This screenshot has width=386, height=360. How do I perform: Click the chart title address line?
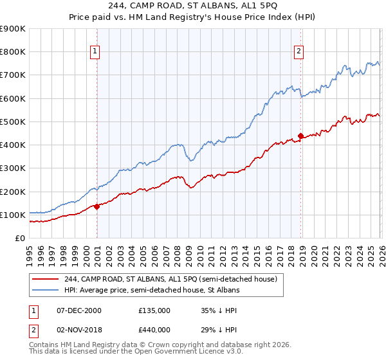192,6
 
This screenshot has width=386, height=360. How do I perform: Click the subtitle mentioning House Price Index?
192,17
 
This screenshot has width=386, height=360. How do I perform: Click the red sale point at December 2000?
97,206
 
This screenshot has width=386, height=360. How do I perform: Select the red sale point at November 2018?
300,136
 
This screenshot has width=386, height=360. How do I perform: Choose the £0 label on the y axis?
19,238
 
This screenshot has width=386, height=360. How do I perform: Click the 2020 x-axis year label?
314,255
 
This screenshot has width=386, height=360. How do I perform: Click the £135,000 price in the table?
154,310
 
